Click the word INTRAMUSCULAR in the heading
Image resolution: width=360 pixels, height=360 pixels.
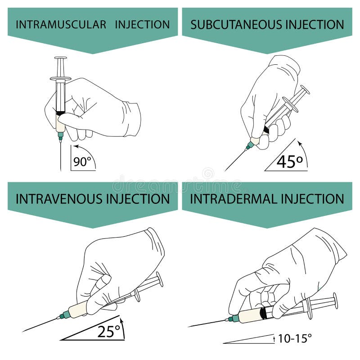[61, 24]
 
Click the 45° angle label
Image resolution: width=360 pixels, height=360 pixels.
[289, 161]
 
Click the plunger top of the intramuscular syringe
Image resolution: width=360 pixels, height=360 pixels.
[60, 58]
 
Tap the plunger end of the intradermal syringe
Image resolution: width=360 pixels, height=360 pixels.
[335, 301]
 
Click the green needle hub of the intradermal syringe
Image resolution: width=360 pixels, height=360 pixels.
[231, 319]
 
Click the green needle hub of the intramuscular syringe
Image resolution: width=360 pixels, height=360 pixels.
[60, 135]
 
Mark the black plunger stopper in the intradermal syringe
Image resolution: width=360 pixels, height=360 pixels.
[264, 312]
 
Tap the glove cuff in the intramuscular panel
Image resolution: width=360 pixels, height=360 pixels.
[132, 119]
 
